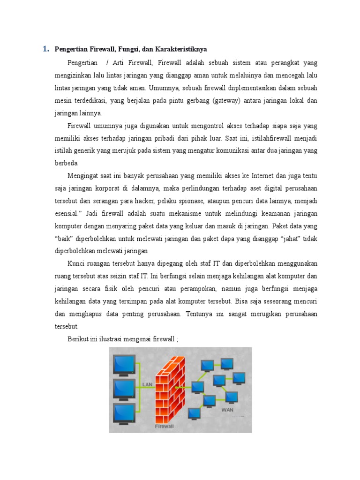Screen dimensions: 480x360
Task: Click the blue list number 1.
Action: tap(45, 49)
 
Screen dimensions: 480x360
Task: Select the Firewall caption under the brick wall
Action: tap(164, 427)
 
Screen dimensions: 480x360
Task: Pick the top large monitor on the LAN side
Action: tap(123, 364)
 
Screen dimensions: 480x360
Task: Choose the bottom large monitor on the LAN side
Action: tap(123, 413)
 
